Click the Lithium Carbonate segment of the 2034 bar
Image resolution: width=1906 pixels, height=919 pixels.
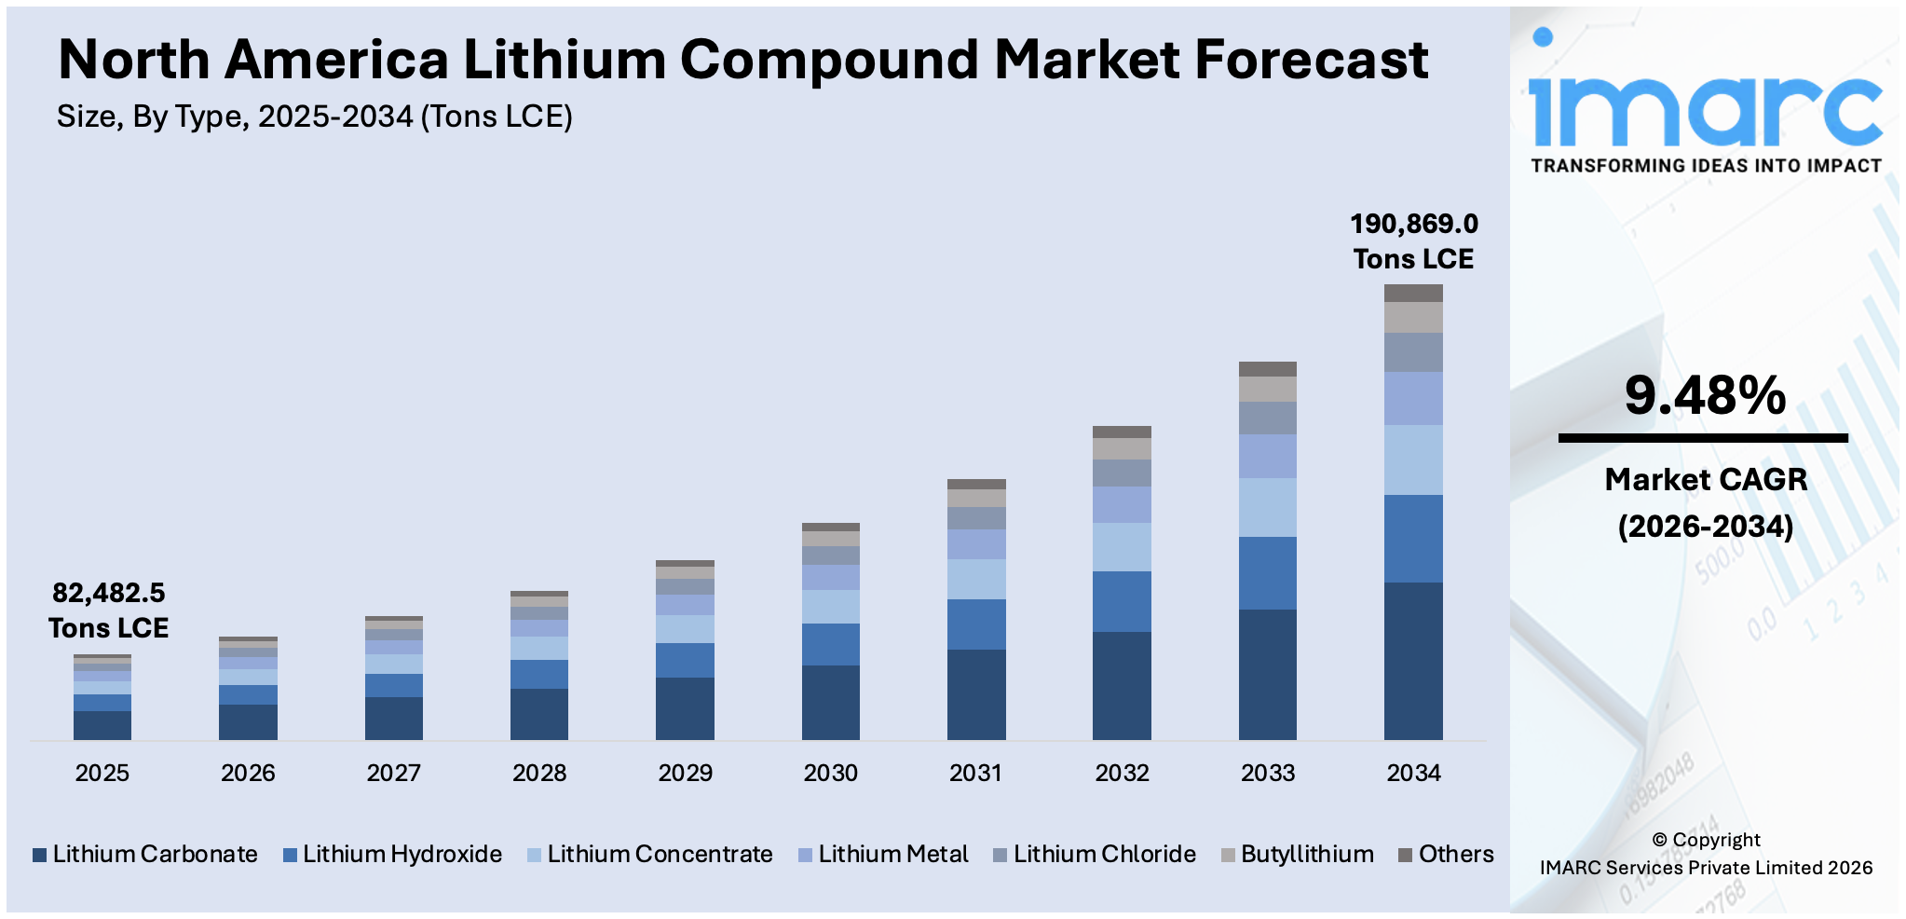(1413, 661)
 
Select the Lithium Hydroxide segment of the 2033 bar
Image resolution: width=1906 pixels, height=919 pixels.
(1267, 572)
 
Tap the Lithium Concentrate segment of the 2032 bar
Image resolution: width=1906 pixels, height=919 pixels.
(1122, 546)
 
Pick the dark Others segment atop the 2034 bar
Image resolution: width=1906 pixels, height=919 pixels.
(1413, 293)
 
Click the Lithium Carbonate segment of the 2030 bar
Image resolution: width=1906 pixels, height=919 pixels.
(830, 702)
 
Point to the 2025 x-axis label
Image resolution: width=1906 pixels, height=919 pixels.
(102, 773)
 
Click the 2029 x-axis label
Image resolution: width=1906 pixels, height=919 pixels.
(685, 773)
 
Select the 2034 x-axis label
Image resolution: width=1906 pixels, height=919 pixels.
(1413, 773)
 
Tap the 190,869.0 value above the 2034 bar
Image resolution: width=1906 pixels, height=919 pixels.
(1413, 224)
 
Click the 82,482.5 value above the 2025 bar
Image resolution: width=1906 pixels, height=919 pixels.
(108, 593)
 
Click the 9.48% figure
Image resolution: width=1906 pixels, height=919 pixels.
(1705, 395)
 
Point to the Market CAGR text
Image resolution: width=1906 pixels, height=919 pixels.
(1705, 479)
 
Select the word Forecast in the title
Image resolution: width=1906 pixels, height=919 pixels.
(1311, 60)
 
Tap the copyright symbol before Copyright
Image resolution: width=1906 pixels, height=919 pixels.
(1659, 840)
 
